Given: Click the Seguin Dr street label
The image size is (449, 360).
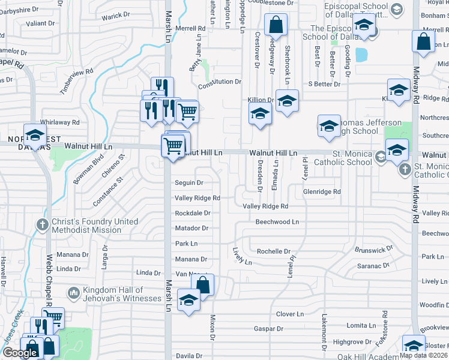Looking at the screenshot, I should pyautogui.click(x=188, y=182).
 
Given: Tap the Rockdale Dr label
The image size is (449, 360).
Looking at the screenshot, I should pyautogui.click(x=192, y=213).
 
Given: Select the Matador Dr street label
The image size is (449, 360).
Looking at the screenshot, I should pyautogui.click(x=191, y=228).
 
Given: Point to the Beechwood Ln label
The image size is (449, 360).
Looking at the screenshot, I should pyautogui.click(x=277, y=222).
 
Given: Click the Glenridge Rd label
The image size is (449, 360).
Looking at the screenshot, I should pyautogui.click(x=322, y=192).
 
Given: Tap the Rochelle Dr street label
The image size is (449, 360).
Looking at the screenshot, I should pyautogui.click(x=273, y=251).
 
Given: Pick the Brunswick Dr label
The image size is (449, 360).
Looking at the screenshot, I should pyautogui.click(x=373, y=247).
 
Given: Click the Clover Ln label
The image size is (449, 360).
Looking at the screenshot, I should pyautogui.click(x=290, y=314).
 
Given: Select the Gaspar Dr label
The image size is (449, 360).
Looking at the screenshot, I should pyautogui.click(x=268, y=329).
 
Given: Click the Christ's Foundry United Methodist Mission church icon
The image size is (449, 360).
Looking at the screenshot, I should pyautogui.click(x=42, y=226).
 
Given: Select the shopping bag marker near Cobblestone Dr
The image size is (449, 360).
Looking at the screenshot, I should pyautogui.click(x=276, y=26).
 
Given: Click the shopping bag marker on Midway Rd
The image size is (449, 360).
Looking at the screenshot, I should pyautogui.click(x=423, y=43).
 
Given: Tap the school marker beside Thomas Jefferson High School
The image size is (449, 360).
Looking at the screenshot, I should pyautogui.click(x=329, y=126).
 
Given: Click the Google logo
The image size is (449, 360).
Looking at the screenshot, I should pyautogui.click(x=20, y=352).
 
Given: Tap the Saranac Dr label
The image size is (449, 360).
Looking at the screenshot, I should pyautogui.click(x=374, y=266).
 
